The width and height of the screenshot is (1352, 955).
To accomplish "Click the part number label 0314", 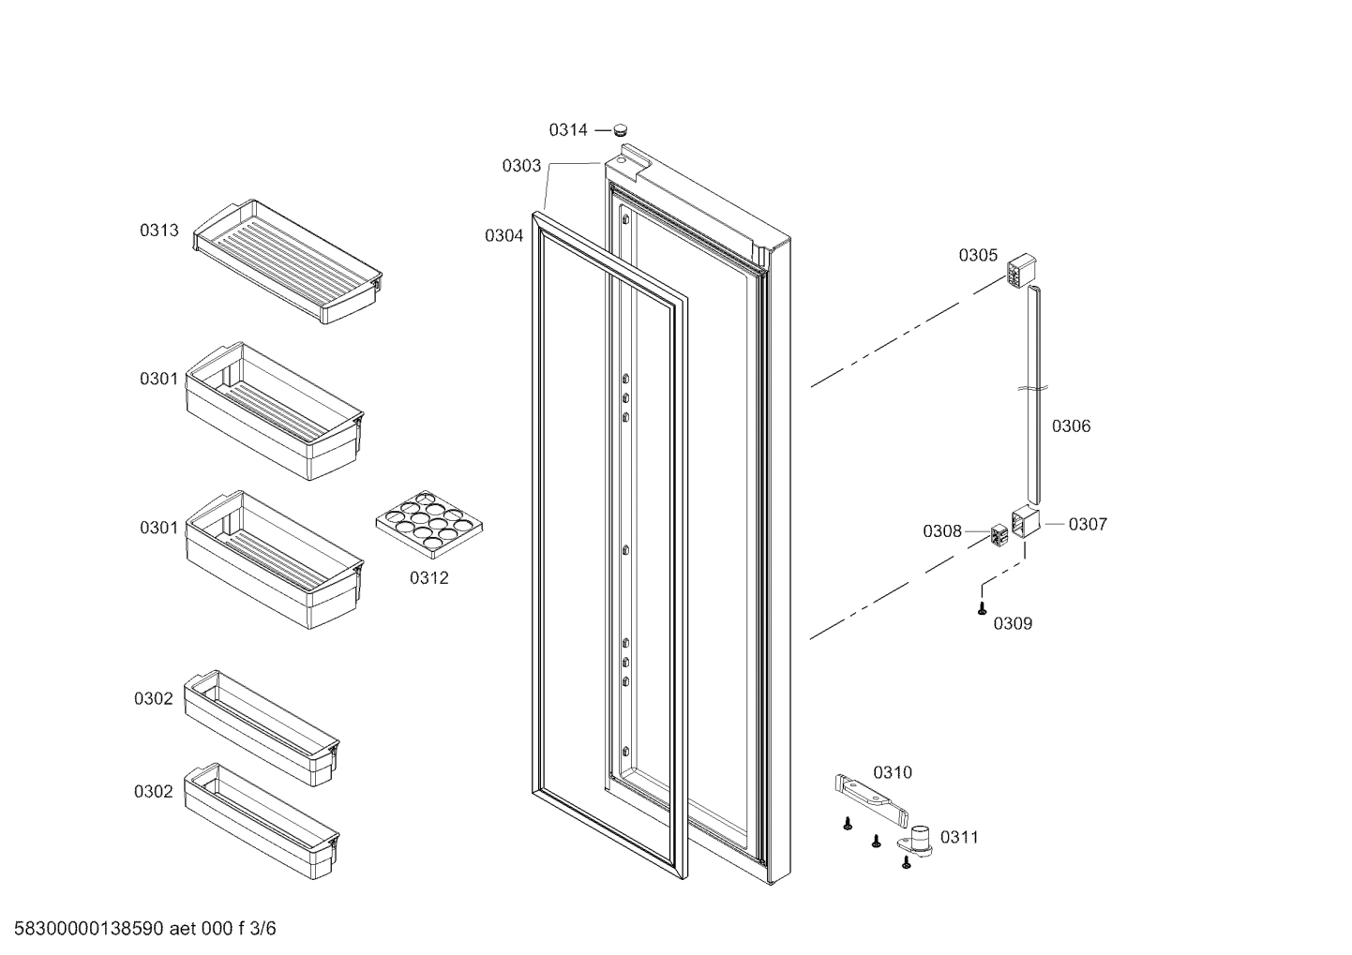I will (568, 130).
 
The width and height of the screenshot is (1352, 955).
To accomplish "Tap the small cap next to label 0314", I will (620, 129).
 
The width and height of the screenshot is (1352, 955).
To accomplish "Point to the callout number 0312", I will (428, 578).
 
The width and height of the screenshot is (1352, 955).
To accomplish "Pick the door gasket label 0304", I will (503, 236).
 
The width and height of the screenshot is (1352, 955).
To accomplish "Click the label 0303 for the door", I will (521, 166).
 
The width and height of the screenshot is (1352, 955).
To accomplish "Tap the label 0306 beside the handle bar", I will (1071, 426).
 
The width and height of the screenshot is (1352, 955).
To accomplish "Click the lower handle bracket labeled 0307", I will (1025, 521).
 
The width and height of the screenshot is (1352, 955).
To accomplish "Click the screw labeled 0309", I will (981, 609).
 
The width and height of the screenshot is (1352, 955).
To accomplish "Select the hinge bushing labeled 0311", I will (921, 839).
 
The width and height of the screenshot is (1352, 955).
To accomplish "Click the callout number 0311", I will (959, 837).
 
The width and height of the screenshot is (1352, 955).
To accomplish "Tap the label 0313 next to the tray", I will (159, 231).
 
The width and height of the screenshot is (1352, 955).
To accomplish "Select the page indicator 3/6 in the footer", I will (263, 929).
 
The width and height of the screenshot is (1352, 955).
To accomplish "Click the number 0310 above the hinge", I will (892, 772).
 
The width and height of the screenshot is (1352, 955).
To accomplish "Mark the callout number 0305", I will (978, 255).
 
